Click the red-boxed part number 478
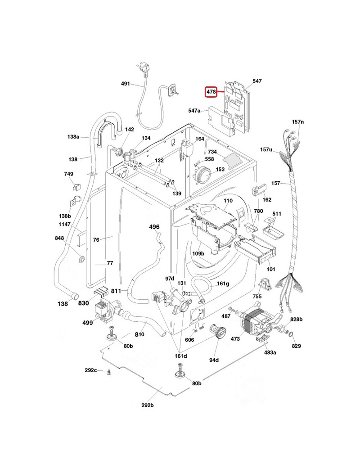click(211, 92)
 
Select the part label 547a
click(194, 111)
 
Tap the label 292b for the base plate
click(148, 405)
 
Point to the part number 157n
click(298, 122)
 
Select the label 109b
click(198, 253)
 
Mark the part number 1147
click(64, 224)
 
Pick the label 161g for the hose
click(223, 283)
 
